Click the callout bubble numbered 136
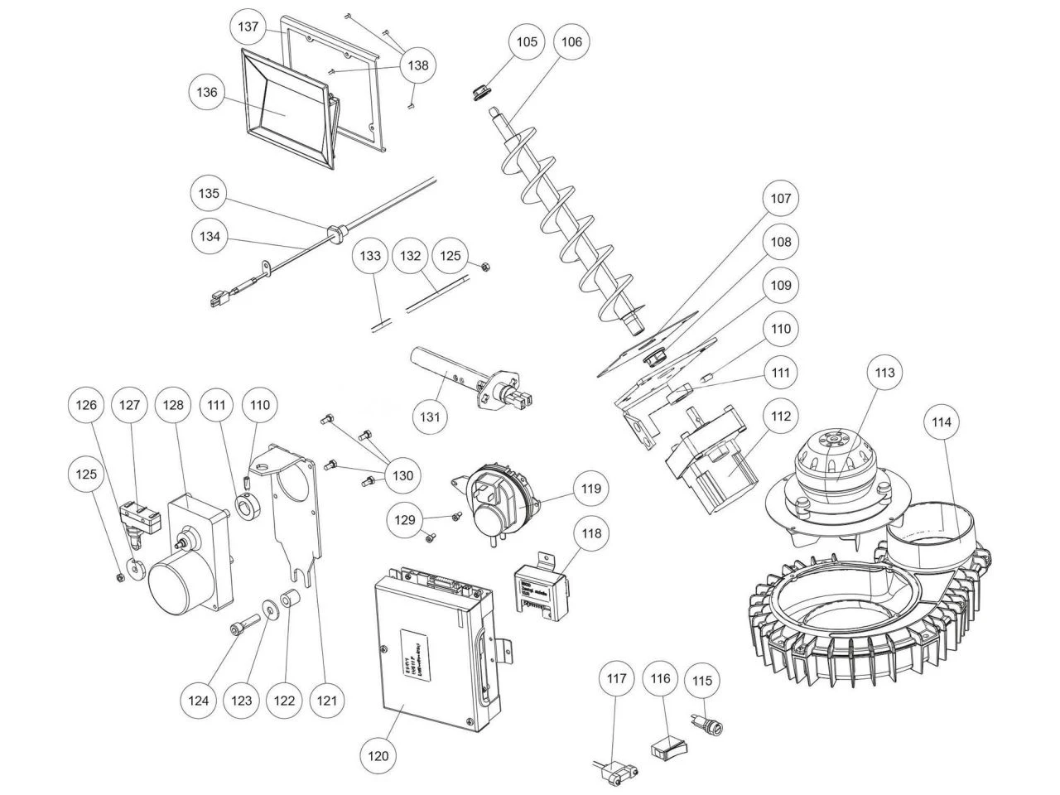pyautogui.click(x=207, y=92)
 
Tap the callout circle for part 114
pyautogui.click(x=942, y=422)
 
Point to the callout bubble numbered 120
pyautogui.click(x=378, y=755)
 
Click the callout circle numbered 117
pyautogui.click(x=615, y=680)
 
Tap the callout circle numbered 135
pyautogui.click(x=210, y=194)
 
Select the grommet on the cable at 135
pyautogui.click(x=336, y=230)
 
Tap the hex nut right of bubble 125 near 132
pyautogui.click(x=487, y=266)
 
